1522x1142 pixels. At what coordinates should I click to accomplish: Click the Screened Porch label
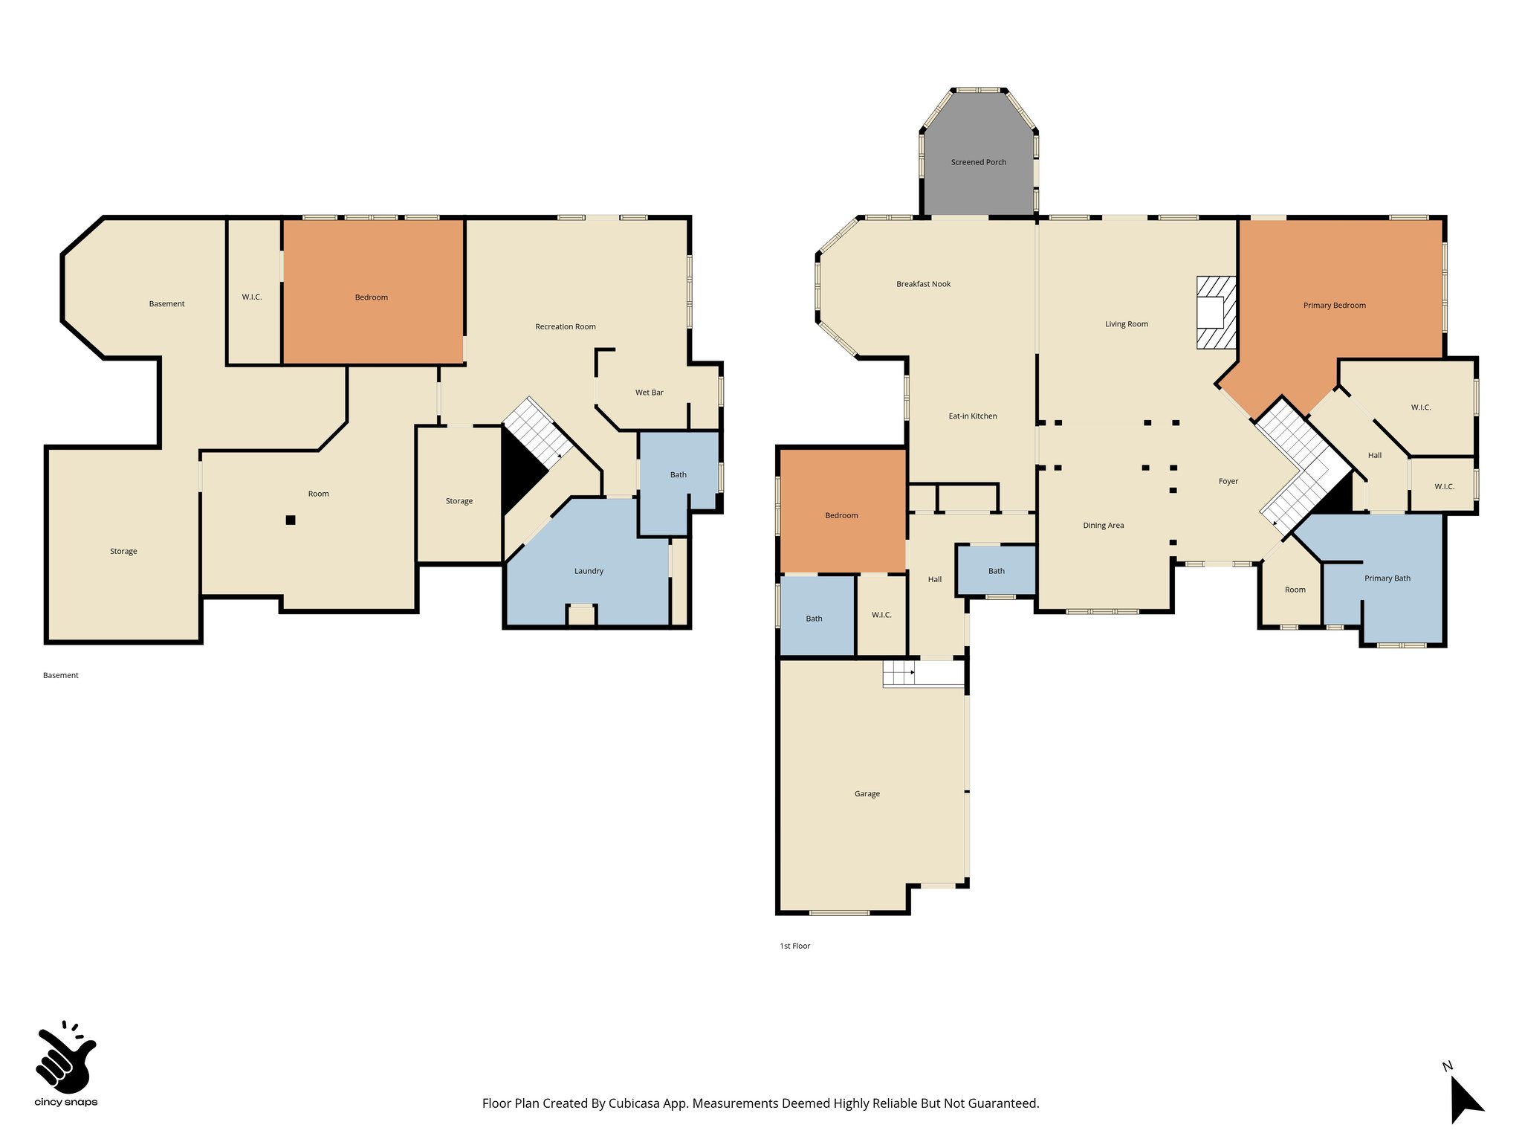click(x=978, y=162)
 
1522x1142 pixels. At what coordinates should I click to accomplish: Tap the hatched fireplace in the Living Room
click(x=1216, y=312)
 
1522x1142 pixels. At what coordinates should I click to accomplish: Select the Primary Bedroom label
click(x=1334, y=306)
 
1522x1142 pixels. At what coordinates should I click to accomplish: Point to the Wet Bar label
click(x=649, y=393)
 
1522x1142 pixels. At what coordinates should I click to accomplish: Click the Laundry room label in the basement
click(x=589, y=571)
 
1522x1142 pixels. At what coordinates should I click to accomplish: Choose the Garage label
click(x=867, y=794)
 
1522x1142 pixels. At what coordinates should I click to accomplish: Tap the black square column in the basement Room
click(x=291, y=520)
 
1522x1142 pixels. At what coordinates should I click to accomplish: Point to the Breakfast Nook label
click(x=923, y=284)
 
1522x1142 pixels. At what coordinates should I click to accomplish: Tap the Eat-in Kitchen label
click(x=972, y=416)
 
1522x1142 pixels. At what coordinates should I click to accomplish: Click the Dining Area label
click(x=1103, y=526)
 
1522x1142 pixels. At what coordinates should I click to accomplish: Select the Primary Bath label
click(x=1387, y=578)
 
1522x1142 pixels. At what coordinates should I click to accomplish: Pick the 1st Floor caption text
click(x=794, y=946)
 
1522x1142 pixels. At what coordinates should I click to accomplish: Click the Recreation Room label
click(x=565, y=326)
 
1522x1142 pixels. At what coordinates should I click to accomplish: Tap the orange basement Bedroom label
click(x=371, y=297)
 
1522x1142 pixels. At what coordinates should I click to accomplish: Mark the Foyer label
click(x=1228, y=482)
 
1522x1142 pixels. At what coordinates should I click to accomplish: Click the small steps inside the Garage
click(x=898, y=674)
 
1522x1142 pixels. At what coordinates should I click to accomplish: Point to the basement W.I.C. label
click(x=252, y=297)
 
